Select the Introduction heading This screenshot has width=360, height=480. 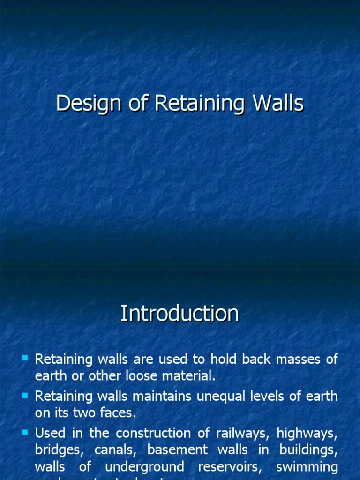[x=180, y=314]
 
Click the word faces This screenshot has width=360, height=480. [x=117, y=412]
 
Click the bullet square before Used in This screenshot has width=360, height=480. [x=25, y=431]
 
